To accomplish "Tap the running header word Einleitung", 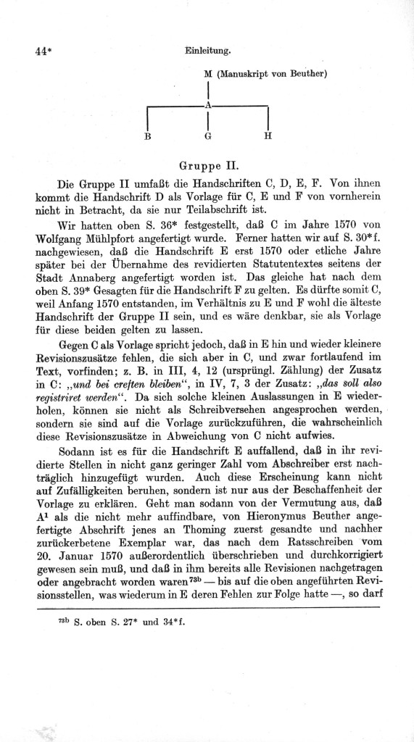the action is pos(207,51).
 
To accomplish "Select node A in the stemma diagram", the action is pos(208,106).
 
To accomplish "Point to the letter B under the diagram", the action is pos(147,136).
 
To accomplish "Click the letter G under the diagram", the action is pos(208,136).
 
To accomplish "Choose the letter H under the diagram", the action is pos(268,136).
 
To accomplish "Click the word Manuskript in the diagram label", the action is pos(244,73).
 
